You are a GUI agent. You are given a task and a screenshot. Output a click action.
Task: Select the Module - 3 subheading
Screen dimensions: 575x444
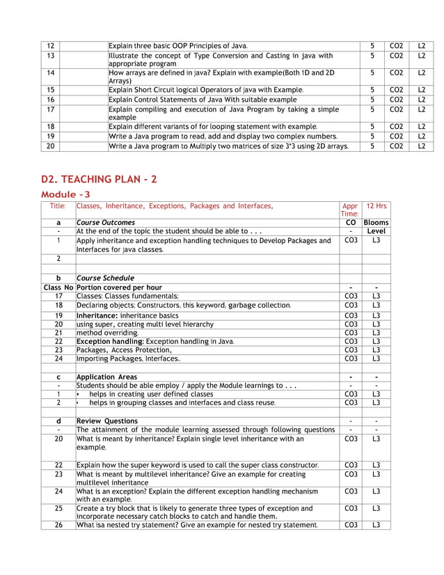(65, 194)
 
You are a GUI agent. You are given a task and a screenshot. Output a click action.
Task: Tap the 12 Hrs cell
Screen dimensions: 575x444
(376, 206)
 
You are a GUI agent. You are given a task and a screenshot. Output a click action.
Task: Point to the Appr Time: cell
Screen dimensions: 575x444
(350, 210)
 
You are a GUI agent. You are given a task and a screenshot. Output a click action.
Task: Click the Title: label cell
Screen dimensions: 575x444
(58, 206)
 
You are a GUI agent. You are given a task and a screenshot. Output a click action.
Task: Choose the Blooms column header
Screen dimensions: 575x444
(376, 223)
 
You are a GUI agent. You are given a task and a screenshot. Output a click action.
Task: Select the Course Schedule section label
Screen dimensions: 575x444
(105, 278)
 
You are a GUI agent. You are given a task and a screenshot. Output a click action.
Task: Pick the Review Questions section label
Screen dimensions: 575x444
(106, 421)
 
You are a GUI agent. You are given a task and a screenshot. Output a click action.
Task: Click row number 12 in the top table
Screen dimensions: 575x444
(50, 45)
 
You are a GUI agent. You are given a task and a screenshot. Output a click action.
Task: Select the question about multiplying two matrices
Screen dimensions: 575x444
(228, 146)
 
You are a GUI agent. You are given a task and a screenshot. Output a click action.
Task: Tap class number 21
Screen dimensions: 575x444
(58, 333)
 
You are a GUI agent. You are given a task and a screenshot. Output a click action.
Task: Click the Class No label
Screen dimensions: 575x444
(58, 287)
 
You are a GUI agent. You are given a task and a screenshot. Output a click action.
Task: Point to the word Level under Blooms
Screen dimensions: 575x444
(376, 231)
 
